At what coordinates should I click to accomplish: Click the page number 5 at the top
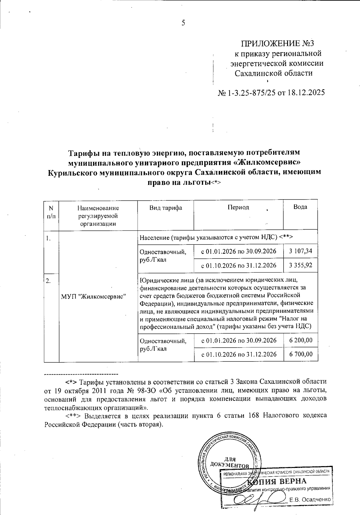[183, 23]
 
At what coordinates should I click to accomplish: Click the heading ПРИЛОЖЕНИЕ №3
[277, 44]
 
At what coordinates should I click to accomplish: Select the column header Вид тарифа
[166, 208]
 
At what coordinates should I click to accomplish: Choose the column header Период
[238, 208]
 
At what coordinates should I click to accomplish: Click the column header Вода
[300, 207]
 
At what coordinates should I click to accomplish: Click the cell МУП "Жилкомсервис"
[93, 296]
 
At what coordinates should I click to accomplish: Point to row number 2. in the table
[48, 281]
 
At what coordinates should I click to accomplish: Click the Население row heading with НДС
[216, 237]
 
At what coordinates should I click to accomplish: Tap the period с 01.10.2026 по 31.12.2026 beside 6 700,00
[239, 355]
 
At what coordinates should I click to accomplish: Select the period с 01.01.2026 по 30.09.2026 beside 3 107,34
[238, 251]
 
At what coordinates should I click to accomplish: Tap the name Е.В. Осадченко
[310, 500]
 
